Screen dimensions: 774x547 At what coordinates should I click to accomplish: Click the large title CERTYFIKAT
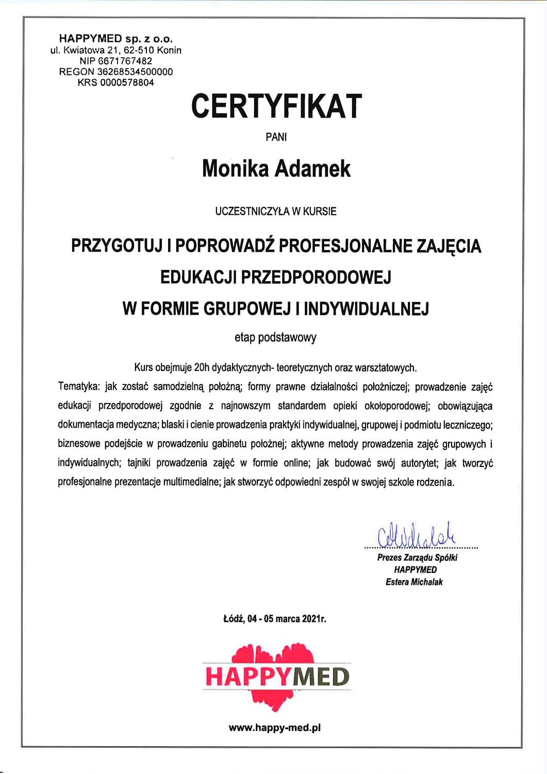click(276, 106)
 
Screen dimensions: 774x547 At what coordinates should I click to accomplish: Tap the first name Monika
click(235, 169)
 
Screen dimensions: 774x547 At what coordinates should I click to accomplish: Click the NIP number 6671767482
click(125, 61)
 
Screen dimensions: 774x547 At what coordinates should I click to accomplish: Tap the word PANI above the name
click(276, 137)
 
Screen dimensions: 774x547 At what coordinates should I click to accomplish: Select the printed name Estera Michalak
click(414, 582)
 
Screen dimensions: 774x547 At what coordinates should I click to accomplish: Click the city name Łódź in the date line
click(233, 618)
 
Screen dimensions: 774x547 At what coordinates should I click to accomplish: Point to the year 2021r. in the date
click(314, 618)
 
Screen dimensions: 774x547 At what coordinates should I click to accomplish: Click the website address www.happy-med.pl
click(275, 728)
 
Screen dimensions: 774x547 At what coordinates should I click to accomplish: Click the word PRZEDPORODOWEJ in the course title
click(316, 277)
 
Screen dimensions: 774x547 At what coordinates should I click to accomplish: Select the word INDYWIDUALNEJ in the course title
click(366, 309)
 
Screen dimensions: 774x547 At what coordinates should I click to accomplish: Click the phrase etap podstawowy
click(275, 337)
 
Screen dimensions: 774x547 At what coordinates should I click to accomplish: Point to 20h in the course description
click(200, 368)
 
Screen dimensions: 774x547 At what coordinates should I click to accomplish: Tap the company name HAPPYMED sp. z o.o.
click(116, 39)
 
